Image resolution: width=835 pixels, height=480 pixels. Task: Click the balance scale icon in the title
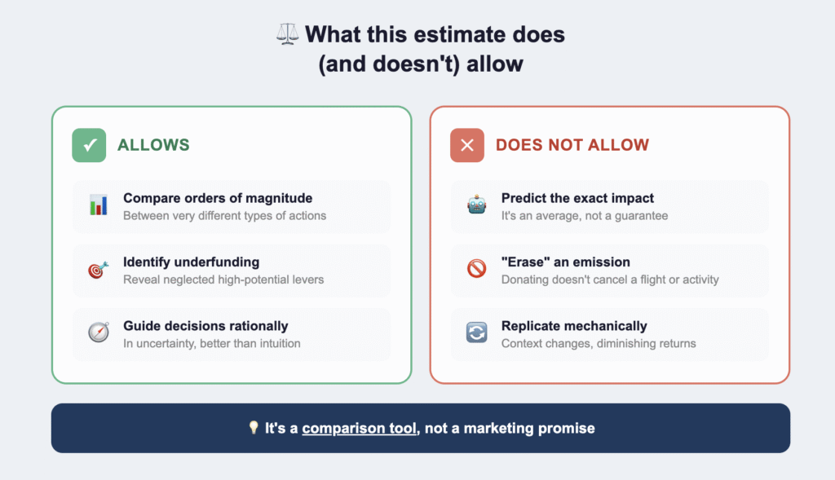click(288, 34)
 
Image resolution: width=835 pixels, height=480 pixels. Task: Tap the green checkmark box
click(89, 145)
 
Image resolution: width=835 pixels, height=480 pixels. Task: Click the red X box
click(467, 145)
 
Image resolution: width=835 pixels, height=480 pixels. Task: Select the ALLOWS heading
click(153, 145)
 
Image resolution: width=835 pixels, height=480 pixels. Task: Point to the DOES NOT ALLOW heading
click(572, 145)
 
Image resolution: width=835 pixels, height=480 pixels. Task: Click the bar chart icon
click(99, 205)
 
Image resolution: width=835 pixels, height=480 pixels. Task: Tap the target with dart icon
click(99, 269)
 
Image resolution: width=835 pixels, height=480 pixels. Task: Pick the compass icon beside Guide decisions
click(99, 332)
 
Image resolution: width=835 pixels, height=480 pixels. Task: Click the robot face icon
click(476, 205)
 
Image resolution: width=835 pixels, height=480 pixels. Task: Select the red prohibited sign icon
click(476, 269)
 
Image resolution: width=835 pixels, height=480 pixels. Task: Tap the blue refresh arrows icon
click(476, 332)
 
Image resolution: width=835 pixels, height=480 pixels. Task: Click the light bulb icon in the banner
click(254, 427)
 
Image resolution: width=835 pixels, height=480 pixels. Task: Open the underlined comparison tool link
click(359, 429)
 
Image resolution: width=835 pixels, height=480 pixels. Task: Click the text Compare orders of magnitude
click(218, 198)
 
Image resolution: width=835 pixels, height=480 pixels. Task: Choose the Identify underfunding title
click(191, 262)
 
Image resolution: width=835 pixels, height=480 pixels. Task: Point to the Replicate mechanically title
click(574, 326)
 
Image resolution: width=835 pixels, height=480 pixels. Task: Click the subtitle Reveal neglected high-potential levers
click(223, 280)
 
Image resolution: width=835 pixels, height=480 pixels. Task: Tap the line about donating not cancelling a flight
click(610, 280)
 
